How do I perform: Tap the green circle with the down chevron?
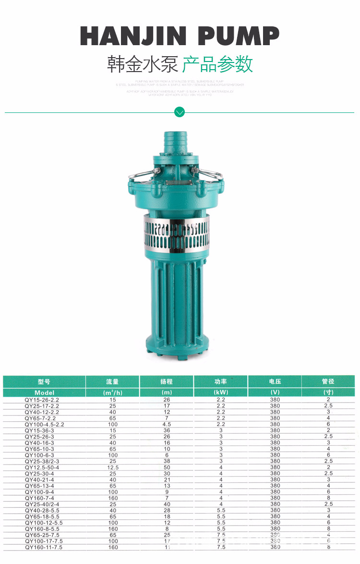point(180,112)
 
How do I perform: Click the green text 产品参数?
point(217,64)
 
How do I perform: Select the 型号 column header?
point(44,382)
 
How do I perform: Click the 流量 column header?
point(112,382)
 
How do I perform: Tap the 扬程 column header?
point(166,382)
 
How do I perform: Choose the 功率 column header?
point(220,382)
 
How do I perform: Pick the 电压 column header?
point(275,382)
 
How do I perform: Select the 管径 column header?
point(328,382)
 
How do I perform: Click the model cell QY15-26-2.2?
point(42,400)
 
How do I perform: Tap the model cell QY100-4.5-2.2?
point(44,425)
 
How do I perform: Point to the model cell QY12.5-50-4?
point(42,467)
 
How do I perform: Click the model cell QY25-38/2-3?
point(42,461)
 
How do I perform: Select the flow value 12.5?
point(112,467)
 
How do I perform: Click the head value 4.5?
point(166,425)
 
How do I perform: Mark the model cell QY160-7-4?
point(39,498)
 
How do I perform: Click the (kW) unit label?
point(220,392)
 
